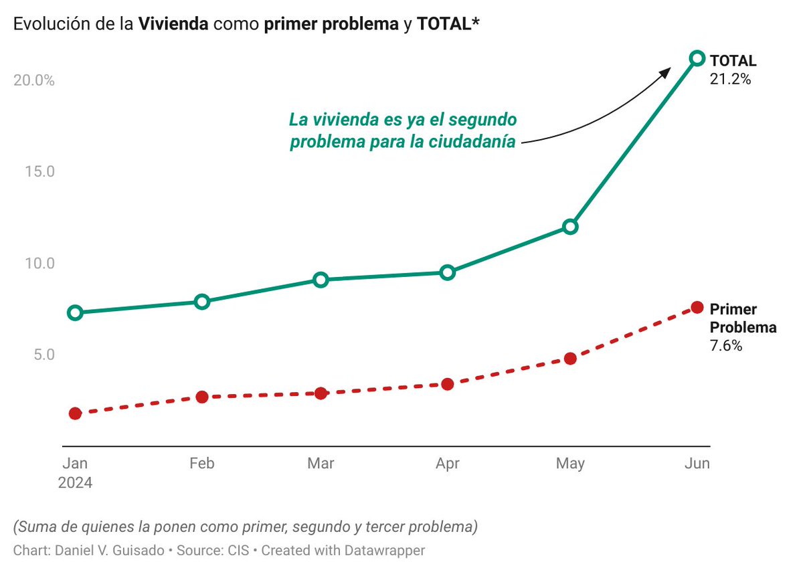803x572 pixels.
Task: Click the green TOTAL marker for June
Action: (697, 58)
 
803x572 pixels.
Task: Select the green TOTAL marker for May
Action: (570, 227)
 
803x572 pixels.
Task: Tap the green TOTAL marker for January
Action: (75, 312)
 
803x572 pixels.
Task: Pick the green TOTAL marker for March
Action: (321, 280)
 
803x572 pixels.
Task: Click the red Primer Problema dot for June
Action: (697, 307)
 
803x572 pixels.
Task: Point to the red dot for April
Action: (448, 384)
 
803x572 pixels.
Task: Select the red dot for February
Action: (202, 397)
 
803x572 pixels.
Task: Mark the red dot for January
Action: (75, 413)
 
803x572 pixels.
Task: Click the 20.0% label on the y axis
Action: (33, 81)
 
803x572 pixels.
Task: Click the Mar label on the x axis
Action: (321, 464)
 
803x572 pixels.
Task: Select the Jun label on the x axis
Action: (697, 464)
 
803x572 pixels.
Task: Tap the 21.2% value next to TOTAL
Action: (730, 79)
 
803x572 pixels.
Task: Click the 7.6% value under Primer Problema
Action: (725, 346)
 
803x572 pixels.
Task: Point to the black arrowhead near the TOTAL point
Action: (665, 70)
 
